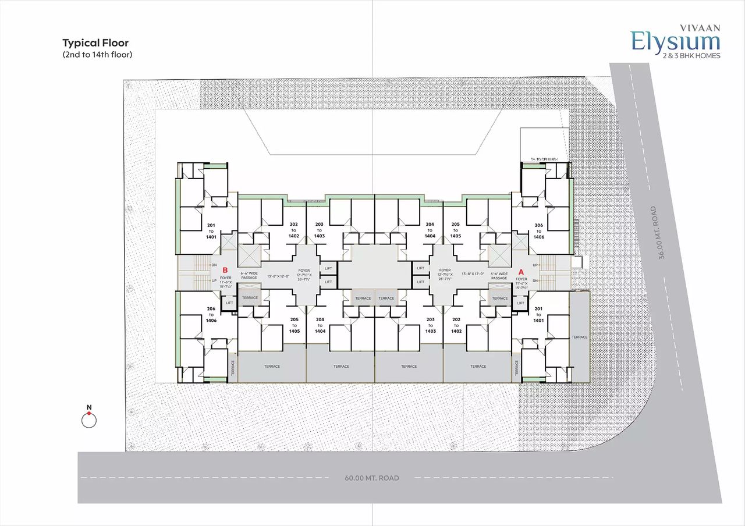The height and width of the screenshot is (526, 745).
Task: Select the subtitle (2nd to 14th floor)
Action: pyautogui.click(x=97, y=55)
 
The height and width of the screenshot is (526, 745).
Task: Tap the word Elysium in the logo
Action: pyautogui.click(x=676, y=42)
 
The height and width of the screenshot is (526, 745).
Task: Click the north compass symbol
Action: pyautogui.click(x=88, y=420)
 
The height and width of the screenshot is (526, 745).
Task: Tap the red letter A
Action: pyautogui.click(x=521, y=271)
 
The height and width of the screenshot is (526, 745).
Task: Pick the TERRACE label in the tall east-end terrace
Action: pyautogui.click(x=579, y=337)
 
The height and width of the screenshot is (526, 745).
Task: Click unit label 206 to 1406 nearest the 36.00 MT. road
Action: pyautogui.click(x=538, y=231)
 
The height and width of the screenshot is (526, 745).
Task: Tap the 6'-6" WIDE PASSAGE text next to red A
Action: pyautogui.click(x=499, y=276)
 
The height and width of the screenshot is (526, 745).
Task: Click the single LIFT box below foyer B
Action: pyautogui.click(x=229, y=303)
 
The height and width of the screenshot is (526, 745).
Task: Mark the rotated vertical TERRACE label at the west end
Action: pyautogui.click(x=232, y=368)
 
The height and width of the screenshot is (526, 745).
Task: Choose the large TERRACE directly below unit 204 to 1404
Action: pyautogui.click(x=341, y=366)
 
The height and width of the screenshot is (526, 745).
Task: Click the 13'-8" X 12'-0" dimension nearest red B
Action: pyautogui.click(x=278, y=276)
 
